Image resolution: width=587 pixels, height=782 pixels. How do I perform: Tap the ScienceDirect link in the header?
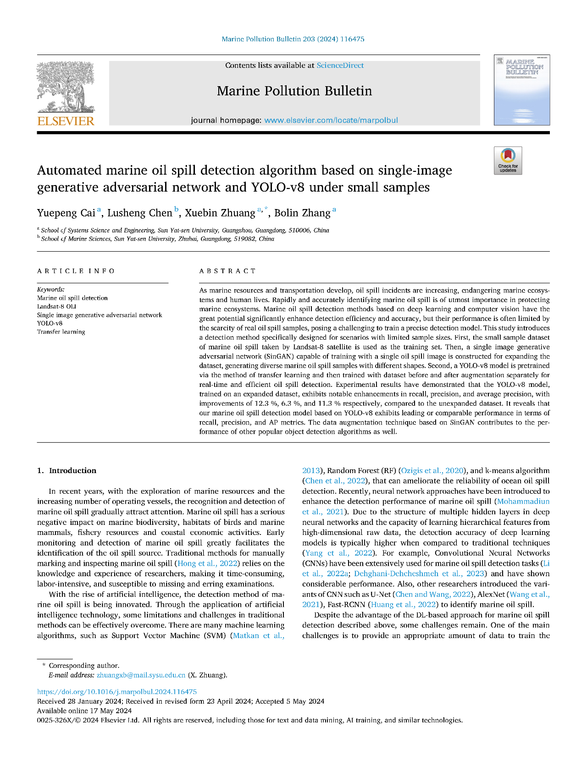(340, 66)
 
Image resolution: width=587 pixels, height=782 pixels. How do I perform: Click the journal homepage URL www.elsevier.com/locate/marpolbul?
(331, 120)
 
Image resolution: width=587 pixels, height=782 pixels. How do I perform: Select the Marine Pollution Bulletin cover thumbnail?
(521, 90)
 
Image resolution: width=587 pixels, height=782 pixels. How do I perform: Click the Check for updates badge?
(508, 160)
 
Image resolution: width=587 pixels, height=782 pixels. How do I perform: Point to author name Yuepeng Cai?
(66, 213)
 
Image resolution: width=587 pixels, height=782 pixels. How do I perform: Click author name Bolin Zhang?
(302, 213)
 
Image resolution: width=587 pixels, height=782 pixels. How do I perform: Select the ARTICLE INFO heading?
(76, 271)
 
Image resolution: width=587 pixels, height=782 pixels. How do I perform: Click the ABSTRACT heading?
(227, 271)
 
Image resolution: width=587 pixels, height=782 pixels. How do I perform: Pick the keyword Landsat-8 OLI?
(56, 306)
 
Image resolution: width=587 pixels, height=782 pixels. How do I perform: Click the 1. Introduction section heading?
(66, 470)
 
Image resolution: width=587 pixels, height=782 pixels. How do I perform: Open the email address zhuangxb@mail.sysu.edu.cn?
(141, 675)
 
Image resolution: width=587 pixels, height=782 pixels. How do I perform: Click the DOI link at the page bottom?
(116, 692)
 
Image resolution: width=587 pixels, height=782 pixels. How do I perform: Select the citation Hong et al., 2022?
(207, 563)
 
